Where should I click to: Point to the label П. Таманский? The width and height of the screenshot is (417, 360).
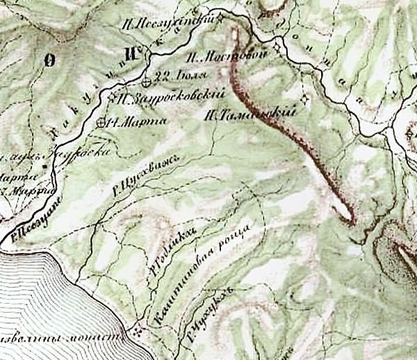(x=247, y=113)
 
